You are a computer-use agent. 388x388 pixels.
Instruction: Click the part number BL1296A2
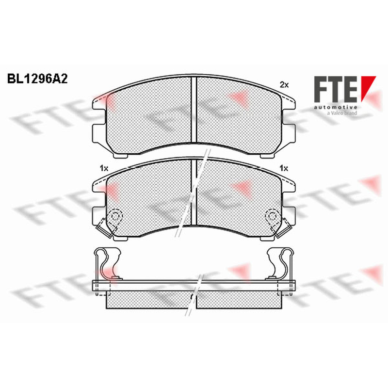coord(37,79)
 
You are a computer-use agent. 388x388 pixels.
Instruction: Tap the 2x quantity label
coord(284,85)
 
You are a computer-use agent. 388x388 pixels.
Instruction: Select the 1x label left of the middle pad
coord(104,168)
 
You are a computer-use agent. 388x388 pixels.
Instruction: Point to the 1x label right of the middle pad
coord(284,168)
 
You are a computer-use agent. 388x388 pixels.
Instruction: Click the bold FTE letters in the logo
coord(336,89)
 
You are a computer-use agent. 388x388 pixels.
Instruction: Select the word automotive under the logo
coord(336,107)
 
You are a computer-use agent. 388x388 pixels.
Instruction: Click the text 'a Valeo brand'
coord(342,113)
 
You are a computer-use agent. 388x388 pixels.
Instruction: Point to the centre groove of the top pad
coord(194,110)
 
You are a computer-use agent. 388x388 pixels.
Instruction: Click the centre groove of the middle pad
coord(194,193)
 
